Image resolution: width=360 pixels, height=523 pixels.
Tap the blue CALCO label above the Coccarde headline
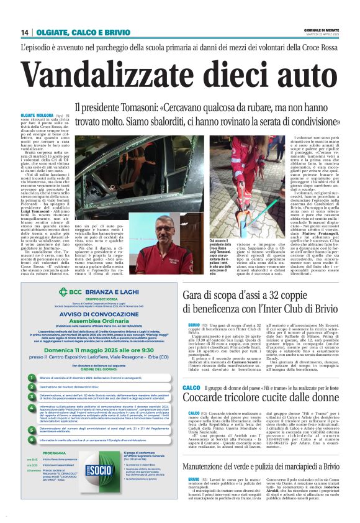(x=191, y=388)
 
